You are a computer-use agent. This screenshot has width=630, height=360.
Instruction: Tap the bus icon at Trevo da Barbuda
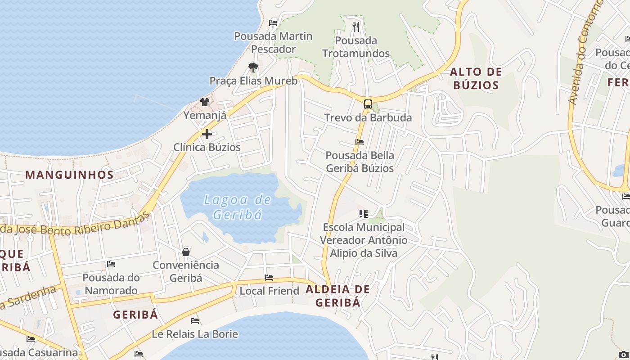(368, 105)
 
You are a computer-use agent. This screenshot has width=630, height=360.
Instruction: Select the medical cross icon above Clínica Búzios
(207, 134)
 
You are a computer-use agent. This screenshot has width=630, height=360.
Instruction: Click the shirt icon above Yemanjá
(205, 102)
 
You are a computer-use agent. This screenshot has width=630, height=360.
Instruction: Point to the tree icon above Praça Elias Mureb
(253, 67)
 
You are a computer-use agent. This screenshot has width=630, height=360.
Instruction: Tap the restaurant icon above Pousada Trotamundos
(356, 27)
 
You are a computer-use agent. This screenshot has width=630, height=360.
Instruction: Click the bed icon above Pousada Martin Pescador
(273, 22)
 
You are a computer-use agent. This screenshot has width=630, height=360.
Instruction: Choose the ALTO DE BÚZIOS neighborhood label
(476, 78)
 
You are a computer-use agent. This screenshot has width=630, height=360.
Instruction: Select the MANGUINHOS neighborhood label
(69, 175)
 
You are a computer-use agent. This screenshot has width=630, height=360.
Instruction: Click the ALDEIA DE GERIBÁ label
(337, 296)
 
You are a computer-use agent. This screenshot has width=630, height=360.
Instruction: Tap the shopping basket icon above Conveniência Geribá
(186, 252)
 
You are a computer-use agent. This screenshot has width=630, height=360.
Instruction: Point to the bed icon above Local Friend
(269, 278)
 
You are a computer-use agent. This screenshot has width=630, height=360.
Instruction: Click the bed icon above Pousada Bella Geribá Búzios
(360, 142)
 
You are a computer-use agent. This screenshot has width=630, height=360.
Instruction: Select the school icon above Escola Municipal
(364, 213)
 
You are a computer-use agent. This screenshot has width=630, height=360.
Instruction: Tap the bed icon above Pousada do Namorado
(111, 264)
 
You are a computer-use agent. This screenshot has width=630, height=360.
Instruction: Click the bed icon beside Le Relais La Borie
(195, 321)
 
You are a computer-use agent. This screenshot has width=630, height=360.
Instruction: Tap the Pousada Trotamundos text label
(356, 47)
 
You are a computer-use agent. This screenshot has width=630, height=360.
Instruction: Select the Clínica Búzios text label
(207, 147)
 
